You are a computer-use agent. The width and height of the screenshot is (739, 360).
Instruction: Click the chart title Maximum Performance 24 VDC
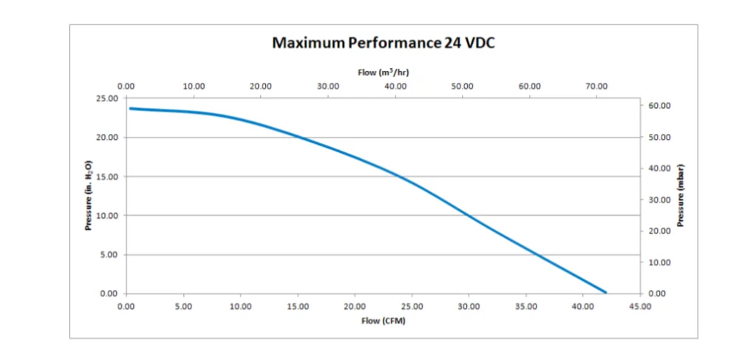[x=384, y=43]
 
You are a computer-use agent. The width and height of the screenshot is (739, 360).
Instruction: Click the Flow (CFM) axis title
[x=384, y=321]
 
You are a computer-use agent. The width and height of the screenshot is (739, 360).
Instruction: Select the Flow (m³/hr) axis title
[x=384, y=72]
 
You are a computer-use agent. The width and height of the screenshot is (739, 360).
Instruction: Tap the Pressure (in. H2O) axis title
[x=89, y=195]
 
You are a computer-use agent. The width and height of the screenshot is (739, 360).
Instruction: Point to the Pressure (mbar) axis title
[x=681, y=195]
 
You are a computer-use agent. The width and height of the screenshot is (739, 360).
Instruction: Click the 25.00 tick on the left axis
[x=108, y=98]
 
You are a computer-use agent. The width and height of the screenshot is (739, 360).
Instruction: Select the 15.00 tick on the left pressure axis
[x=108, y=177]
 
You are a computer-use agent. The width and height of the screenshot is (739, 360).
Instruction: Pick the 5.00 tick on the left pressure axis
[x=110, y=255]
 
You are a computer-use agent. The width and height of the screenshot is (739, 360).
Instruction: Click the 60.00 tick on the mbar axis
[x=660, y=106]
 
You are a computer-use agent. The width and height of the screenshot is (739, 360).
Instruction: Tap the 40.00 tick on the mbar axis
[x=660, y=169]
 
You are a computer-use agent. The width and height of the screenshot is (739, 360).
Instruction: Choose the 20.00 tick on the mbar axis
[x=660, y=231]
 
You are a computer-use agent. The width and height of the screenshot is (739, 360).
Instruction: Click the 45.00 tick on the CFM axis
[x=640, y=306]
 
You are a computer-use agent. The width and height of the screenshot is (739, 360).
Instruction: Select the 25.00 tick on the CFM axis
[x=412, y=306]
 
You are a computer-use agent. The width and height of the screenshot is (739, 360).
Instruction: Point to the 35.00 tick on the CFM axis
[x=525, y=306]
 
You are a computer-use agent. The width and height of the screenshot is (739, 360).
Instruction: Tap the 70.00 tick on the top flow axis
[x=596, y=86]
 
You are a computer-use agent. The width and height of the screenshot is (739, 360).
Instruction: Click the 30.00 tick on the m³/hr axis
[x=328, y=86]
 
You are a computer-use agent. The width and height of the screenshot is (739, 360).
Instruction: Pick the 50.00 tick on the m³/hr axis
[x=463, y=86]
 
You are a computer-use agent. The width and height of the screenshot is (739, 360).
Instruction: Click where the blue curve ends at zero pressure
[x=605, y=293]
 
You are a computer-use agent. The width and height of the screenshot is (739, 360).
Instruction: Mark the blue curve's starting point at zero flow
[x=130, y=109]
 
